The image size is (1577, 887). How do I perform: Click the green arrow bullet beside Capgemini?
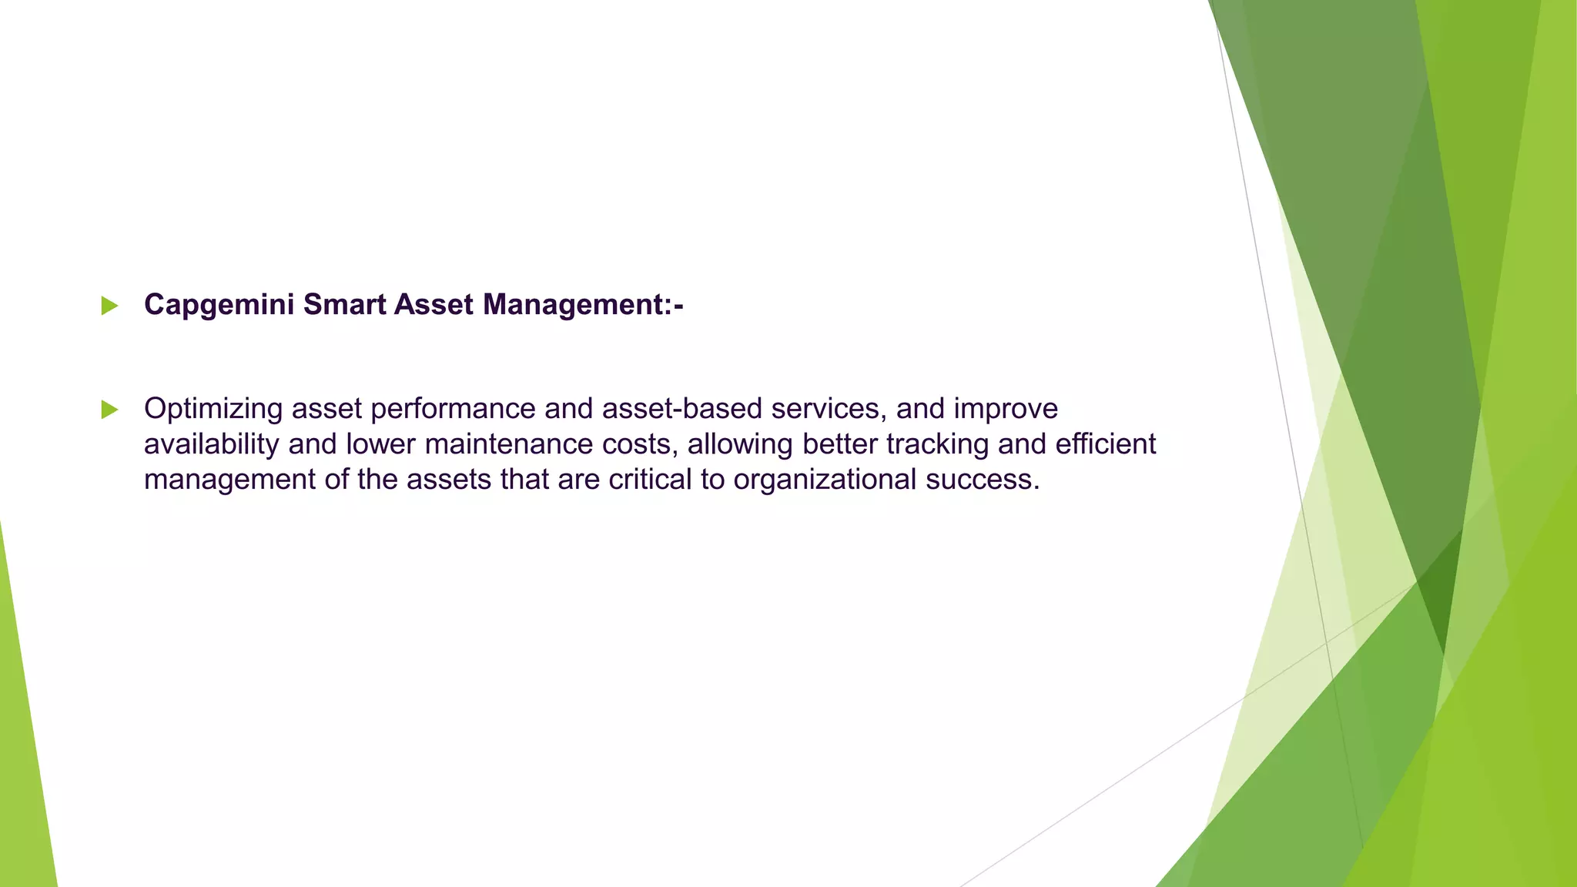109,306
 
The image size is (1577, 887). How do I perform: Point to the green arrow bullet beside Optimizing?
109,410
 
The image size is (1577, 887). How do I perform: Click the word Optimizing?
213,409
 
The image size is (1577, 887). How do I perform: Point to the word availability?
211,444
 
